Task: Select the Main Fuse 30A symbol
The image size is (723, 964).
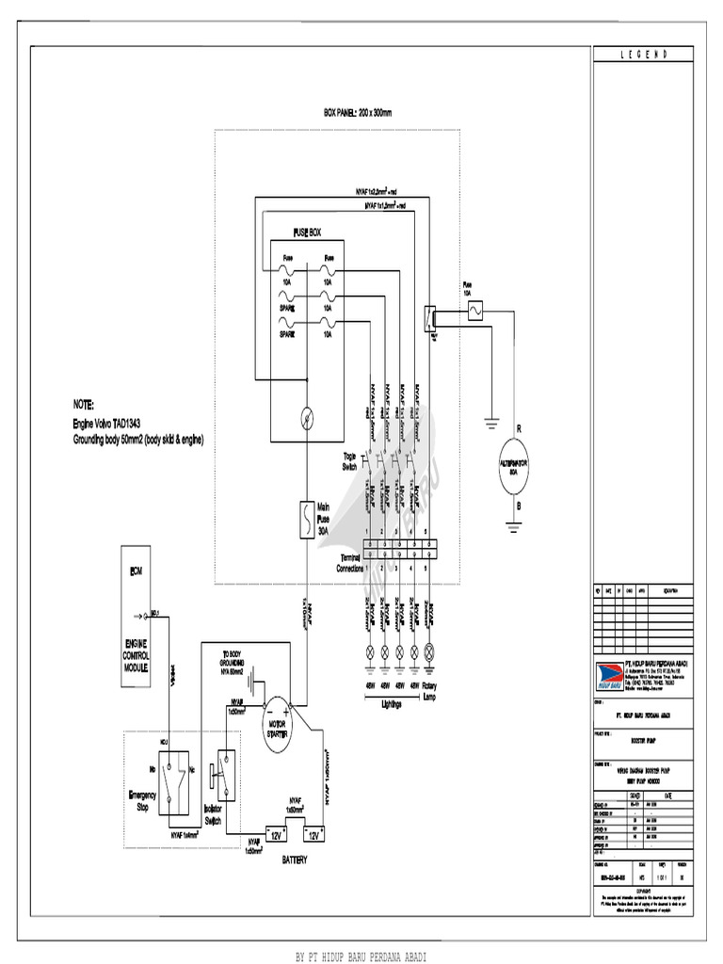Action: tap(306, 519)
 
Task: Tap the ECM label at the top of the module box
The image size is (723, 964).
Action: tap(135, 571)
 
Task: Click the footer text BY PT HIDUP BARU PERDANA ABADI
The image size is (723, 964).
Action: tap(361, 956)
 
